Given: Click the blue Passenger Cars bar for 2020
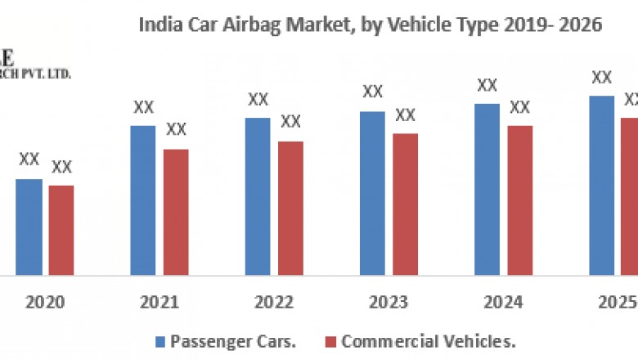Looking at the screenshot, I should tap(29, 227).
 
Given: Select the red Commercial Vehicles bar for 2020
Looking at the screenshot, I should tap(61, 230).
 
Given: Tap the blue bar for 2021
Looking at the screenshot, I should tap(143, 200).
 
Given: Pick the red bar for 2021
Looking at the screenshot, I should tap(176, 212).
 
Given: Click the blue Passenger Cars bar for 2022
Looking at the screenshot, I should tap(258, 196).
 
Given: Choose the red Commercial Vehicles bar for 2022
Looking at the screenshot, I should tap(290, 208).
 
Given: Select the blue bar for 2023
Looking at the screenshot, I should tap(372, 193).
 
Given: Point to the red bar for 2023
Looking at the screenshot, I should tap(405, 204).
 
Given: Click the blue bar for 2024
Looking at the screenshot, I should tap(487, 189).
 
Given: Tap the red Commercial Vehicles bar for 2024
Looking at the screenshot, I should tap(519, 200).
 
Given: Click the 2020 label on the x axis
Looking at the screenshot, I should tap(45, 302).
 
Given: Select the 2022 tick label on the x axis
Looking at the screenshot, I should tap(274, 302).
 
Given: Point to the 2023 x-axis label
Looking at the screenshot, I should tap(389, 302).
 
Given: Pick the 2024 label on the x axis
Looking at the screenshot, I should tap(503, 302).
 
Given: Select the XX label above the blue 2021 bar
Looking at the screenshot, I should tap(143, 106).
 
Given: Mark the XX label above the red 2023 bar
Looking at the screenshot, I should tap(405, 115).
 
